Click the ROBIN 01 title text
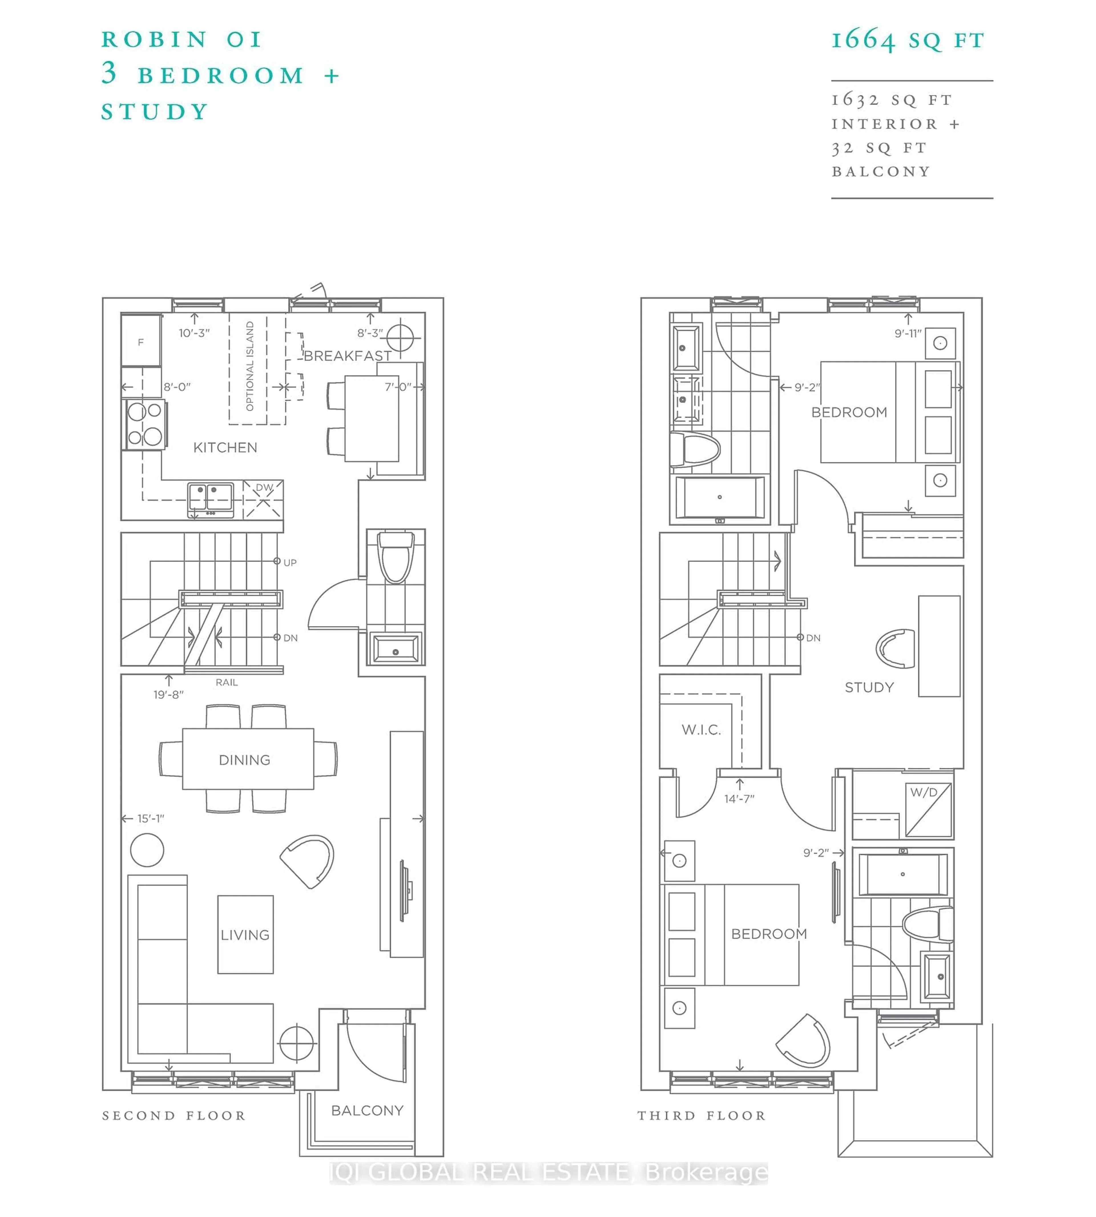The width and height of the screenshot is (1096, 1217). [182, 40]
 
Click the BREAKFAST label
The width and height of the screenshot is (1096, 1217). [347, 356]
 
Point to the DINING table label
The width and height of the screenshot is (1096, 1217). [245, 760]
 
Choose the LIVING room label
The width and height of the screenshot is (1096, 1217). [245, 935]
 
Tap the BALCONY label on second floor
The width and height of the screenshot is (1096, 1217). [367, 1110]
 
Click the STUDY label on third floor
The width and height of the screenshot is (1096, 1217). [869, 687]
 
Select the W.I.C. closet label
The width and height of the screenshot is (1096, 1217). [701, 730]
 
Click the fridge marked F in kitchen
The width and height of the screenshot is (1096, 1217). [141, 342]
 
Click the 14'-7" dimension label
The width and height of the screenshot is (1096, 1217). [739, 799]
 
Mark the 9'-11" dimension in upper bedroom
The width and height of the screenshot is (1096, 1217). [908, 333]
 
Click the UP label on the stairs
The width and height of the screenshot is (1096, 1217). [290, 563]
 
